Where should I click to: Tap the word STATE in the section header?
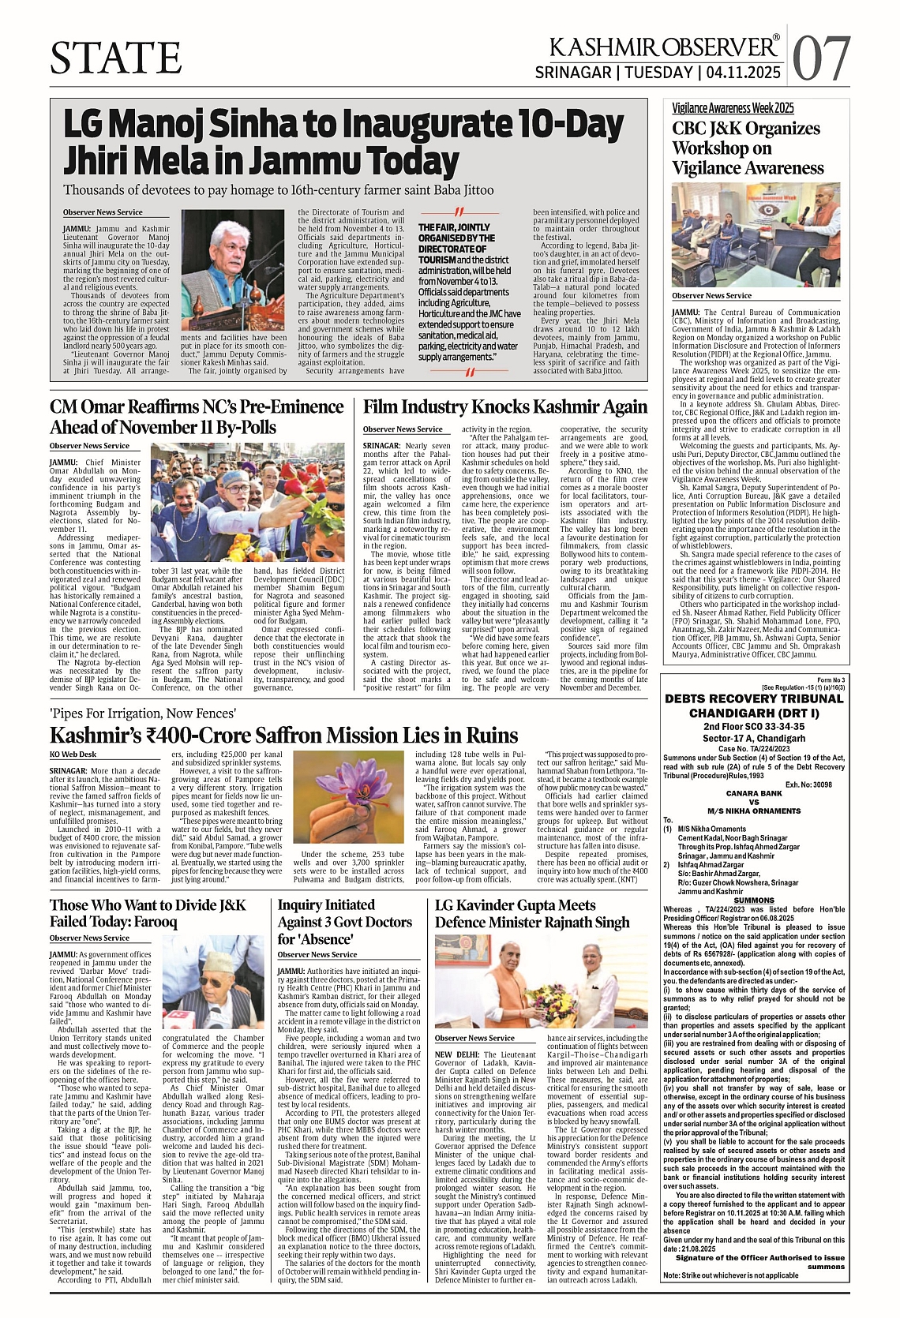(x=115, y=58)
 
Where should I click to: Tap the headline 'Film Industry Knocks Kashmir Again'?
(x=504, y=407)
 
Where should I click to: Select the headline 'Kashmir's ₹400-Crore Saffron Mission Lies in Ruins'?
(x=283, y=736)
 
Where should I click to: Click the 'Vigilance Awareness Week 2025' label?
(x=722, y=108)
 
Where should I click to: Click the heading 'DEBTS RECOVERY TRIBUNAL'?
(x=744, y=699)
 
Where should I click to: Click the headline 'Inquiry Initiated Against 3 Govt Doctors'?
(x=344, y=921)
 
